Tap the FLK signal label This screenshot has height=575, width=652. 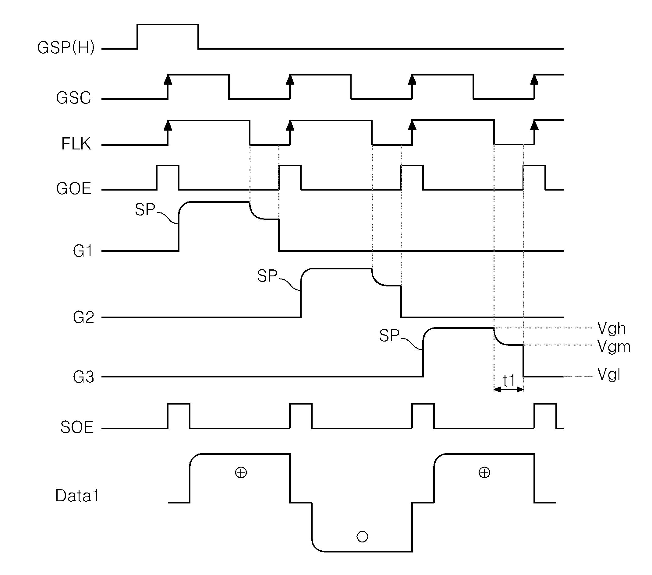click(76, 144)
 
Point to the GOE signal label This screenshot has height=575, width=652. click(74, 189)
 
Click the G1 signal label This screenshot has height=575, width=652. click(83, 251)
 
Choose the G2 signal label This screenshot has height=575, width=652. click(83, 318)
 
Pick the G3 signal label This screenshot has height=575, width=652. click(83, 377)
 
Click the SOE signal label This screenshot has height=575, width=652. click(77, 427)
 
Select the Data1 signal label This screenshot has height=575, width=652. click(77, 496)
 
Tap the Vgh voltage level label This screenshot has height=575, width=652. click(611, 328)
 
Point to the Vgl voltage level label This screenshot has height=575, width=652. click(609, 374)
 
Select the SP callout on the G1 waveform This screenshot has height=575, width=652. click(145, 210)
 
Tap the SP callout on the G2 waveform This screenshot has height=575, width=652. click(267, 276)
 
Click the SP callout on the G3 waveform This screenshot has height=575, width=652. click(389, 336)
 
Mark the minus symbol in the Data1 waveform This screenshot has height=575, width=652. click(362, 537)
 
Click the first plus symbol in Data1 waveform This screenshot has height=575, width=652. click(241, 472)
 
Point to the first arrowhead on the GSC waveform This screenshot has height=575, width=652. click(168, 79)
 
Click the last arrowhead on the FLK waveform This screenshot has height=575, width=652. click(535, 125)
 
